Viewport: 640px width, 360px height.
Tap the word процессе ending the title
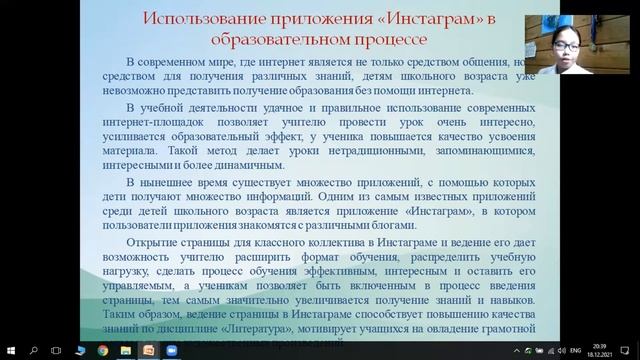(x=392, y=40)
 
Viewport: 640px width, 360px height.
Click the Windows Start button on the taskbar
(x=10, y=350)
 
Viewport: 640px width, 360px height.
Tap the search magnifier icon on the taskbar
(x=34, y=350)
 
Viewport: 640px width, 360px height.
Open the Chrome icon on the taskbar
(x=102, y=350)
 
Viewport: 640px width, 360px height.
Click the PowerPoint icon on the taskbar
(x=148, y=350)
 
